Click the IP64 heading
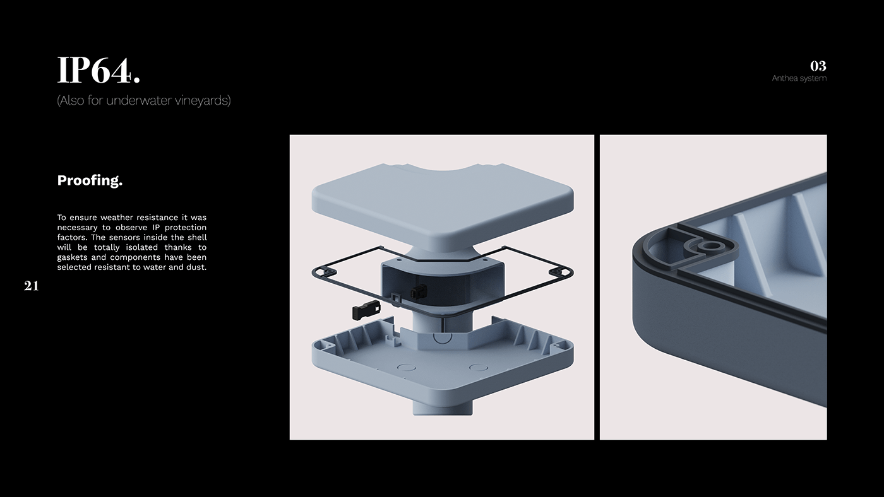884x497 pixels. click(99, 70)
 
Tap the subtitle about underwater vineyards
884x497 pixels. click(144, 100)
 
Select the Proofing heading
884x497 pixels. click(90, 180)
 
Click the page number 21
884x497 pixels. click(31, 286)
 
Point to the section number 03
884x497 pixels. click(818, 66)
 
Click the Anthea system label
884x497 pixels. click(799, 78)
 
